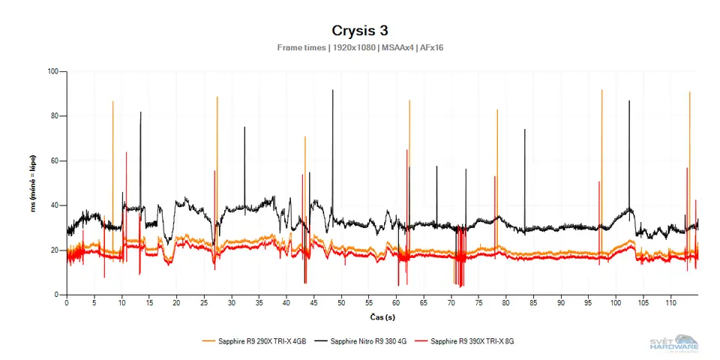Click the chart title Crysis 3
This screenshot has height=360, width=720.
click(359, 31)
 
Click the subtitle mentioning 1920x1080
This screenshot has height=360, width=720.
click(359, 47)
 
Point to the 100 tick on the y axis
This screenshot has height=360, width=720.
click(53, 72)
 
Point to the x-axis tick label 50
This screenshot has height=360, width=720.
click(341, 304)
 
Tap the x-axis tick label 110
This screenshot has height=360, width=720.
click(670, 304)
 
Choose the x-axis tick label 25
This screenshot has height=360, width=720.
click(204, 304)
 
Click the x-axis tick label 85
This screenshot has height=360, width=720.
click(533, 304)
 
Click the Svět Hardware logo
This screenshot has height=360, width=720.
click(674, 343)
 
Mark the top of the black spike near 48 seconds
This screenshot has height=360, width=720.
click(333, 90)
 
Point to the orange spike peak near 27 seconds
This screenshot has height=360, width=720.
click(217, 97)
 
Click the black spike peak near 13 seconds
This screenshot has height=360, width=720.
click(140, 112)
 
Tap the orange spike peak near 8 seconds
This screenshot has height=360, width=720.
click(113, 101)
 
